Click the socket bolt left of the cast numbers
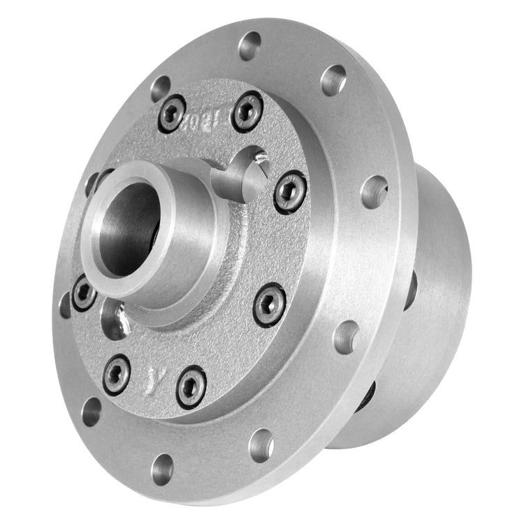[172, 113]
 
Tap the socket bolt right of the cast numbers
[248, 111]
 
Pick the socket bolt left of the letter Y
[116, 374]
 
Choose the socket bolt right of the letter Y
[191, 386]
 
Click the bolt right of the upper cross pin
[289, 192]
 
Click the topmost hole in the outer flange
[249, 45]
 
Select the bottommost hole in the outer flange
[162, 469]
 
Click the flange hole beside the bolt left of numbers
[160, 88]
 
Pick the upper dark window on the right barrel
[410, 290]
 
